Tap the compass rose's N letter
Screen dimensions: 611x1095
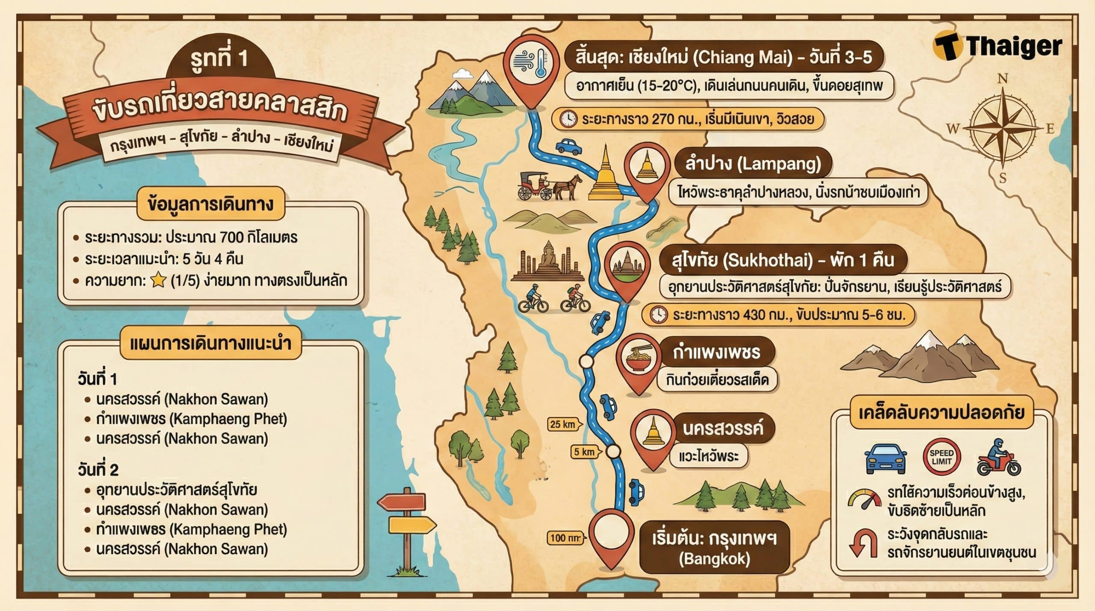(x=1003, y=79)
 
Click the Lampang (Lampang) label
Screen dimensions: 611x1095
(x=753, y=164)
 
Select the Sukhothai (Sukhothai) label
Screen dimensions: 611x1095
(x=782, y=260)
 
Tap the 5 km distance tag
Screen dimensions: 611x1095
(x=585, y=452)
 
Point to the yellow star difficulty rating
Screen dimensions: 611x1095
(x=158, y=281)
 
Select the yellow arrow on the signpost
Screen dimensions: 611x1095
(x=411, y=524)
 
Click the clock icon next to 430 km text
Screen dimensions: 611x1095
(x=658, y=315)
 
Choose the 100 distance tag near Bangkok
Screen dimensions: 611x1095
(x=565, y=538)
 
